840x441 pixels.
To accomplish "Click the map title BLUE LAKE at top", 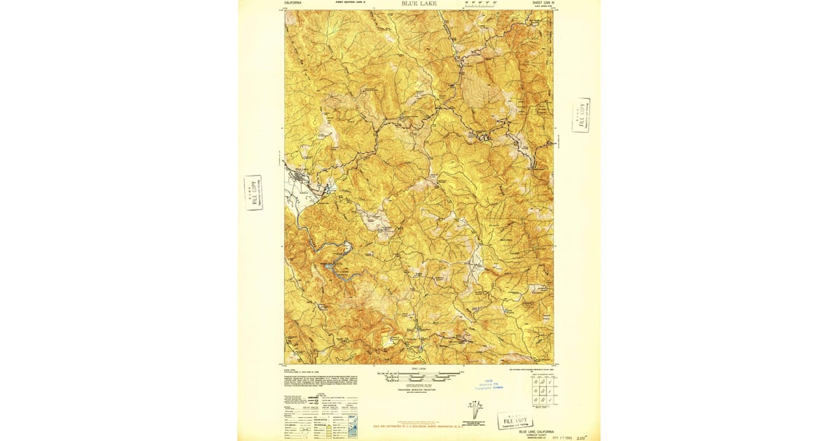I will [419, 3].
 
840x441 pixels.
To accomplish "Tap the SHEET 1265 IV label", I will [543, 3].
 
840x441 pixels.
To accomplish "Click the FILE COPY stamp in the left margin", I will [253, 192].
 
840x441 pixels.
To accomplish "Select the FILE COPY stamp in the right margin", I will [580, 115].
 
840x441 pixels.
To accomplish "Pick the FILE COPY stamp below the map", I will [515, 420].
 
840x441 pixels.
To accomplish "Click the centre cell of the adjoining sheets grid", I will [542, 391].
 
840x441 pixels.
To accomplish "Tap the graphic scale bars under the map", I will [419, 377].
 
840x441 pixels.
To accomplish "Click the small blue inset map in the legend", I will [352, 423].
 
